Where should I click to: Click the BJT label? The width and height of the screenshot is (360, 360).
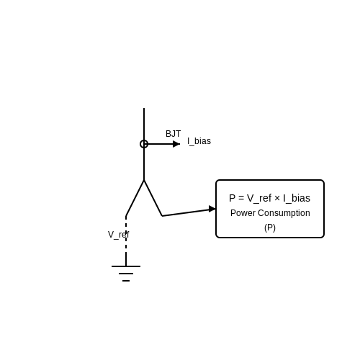pyautogui.click(x=173, y=134)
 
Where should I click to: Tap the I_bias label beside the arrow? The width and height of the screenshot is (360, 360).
pyautogui.click(x=199, y=141)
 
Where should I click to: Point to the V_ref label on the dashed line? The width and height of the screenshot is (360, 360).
pyautogui.click(x=119, y=235)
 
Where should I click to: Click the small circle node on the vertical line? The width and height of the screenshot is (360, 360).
pyautogui.click(x=144, y=144)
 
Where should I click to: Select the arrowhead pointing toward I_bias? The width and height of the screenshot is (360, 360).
pyautogui.click(x=176, y=144)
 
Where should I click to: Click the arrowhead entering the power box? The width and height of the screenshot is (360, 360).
pyautogui.click(x=212, y=209)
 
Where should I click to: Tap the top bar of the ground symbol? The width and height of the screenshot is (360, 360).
pyautogui.click(x=126, y=266)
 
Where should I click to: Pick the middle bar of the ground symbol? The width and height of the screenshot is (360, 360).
pyautogui.click(x=126, y=274)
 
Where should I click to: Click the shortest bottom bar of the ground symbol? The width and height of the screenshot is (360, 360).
pyautogui.click(x=126, y=281)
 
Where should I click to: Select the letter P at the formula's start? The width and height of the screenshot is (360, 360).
pyautogui.click(x=233, y=198)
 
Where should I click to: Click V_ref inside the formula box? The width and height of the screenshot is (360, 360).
pyautogui.click(x=259, y=199)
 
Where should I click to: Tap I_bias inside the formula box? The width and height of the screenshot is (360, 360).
pyautogui.click(x=297, y=199)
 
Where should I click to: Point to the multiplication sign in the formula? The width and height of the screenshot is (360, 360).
pyautogui.click(x=277, y=199)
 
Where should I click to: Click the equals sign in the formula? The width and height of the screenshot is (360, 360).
pyautogui.click(x=241, y=199)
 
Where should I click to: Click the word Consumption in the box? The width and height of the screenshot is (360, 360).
pyautogui.click(x=284, y=213)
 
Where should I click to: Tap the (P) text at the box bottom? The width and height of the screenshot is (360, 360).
pyautogui.click(x=270, y=228)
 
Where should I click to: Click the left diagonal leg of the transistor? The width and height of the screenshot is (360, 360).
pyautogui.click(x=135, y=198)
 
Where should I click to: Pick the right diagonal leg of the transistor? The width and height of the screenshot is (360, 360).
pyautogui.click(x=153, y=198)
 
